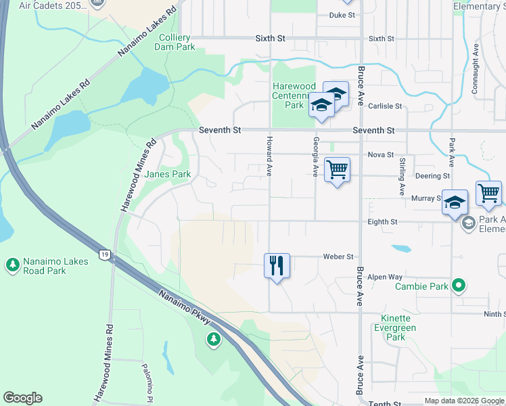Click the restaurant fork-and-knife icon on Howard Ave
pos(277,265)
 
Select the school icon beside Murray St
pos(455,202)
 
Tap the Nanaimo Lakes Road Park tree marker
pos(12,265)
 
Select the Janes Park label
pos(168,174)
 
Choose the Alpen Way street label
pos(385,277)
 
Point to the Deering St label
pos(433,176)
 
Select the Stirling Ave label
pos(402,177)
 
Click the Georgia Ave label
pos(315,156)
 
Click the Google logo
pos(22,398)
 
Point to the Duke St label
pos(342,15)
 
